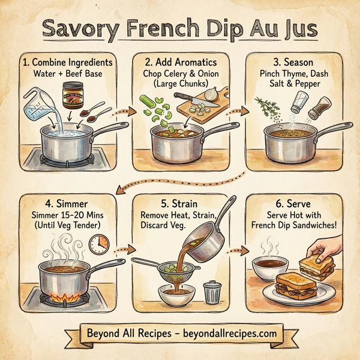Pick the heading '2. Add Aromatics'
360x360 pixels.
point(182,62)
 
